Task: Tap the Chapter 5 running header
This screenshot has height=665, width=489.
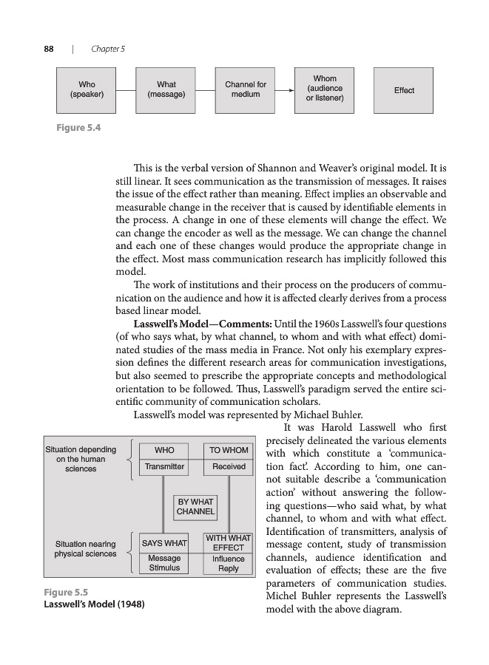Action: [x=108, y=49]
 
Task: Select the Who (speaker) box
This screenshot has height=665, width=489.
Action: [x=87, y=90]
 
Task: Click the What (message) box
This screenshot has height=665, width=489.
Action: [x=166, y=90]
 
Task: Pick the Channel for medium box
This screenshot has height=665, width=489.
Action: [x=246, y=90]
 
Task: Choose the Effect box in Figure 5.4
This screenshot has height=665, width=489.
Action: [x=404, y=90]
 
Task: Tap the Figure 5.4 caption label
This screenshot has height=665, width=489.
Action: [x=78, y=128]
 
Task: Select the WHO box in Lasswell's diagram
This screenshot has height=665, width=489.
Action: [x=164, y=450]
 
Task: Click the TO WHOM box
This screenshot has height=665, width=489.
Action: [x=229, y=450]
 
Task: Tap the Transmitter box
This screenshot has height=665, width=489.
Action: [x=164, y=467]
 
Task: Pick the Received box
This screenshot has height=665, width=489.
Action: [x=229, y=467]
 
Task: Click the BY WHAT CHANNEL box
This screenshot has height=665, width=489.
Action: [x=195, y=507]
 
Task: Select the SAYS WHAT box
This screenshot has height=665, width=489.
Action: [x=164, y=544]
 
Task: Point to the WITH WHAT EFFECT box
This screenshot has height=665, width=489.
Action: [x=229, y=543]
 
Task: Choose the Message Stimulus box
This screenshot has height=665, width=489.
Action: [x=164, y=563]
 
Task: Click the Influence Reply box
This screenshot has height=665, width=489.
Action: [x=229, y=564]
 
